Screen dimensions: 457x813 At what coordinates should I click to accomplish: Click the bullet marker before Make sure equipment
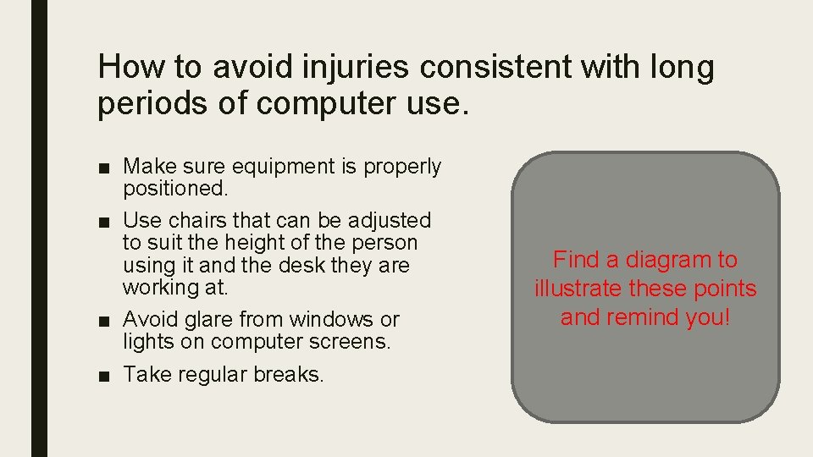pos(103,168)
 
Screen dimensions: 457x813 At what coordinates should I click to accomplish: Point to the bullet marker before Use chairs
pos(103,221)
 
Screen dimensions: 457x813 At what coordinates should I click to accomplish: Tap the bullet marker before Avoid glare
pos(103,320)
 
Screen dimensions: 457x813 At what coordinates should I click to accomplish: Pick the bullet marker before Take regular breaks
pos(103,375)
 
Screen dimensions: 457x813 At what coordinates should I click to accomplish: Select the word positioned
pos(172,189)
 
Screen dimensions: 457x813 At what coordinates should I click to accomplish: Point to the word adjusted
pos(391,220)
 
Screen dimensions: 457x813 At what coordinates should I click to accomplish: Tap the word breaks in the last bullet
pos(290,374)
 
